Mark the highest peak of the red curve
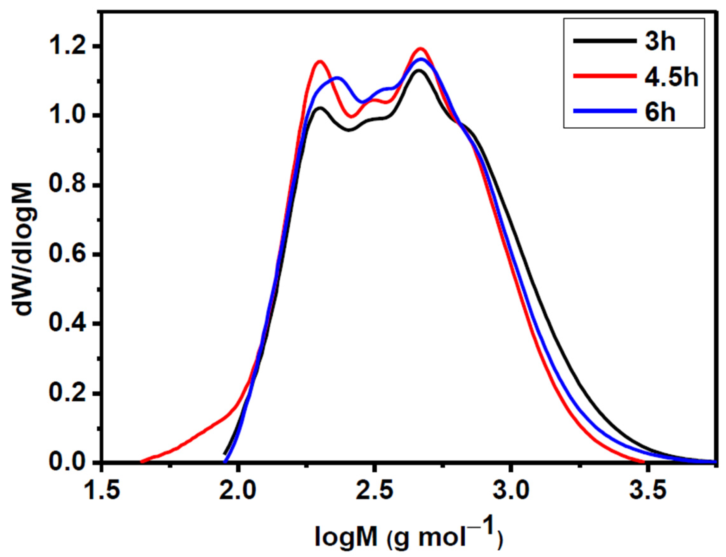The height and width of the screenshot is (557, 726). point(420,49)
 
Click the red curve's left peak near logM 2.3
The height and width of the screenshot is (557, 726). point(320,62)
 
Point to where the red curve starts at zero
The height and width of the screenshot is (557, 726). point(142,461)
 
